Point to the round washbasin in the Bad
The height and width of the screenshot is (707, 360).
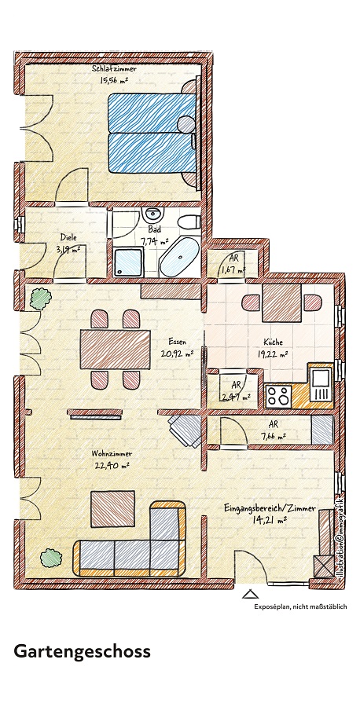pos(154,214)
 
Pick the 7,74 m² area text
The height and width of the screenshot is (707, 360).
pos(153,243)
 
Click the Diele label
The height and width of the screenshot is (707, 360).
pos(68,237)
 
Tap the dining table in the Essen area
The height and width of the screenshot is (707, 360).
pos(115,349)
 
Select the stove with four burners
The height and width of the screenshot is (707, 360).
pos(277,395)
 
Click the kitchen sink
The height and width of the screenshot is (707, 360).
pos(321,383)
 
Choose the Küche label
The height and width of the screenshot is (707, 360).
pos(273,343)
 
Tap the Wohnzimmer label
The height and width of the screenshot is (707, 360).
pos(110,454)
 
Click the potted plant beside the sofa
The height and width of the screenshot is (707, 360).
pos(52,558)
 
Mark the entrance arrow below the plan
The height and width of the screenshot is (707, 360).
pos(249,595)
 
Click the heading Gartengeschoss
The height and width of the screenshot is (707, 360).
pos(82,652)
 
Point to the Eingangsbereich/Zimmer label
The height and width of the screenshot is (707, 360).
pos(269,508)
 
